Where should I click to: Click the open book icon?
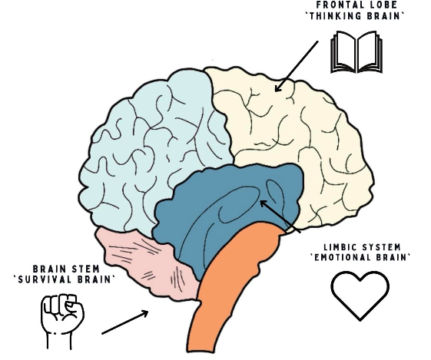(x=356, y=52)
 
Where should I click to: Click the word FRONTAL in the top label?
(x=338, y=5)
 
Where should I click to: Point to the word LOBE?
(x=383, y=5)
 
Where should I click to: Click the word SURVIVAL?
(x=45, y=279)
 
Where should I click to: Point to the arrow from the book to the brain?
(x=297, y=66)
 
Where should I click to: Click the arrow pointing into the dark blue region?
(x=280, y=216)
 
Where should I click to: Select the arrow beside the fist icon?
(x=125, y=322)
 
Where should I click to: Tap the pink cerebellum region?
(x=143, y=263)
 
